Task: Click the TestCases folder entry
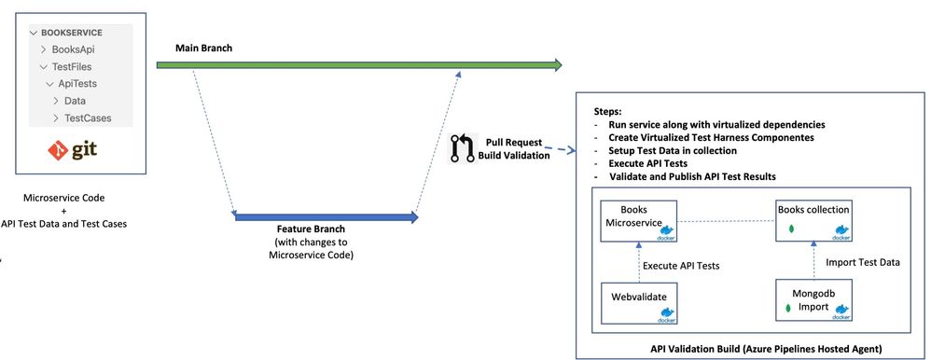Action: click(91, 118)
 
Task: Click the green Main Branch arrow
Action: click(359, 65)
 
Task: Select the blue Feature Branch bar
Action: click(327, 218)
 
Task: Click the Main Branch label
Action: click(203, 47)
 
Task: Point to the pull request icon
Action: click(463, 149)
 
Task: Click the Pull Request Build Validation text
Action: click(516, 149)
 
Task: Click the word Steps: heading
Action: click(600, 110)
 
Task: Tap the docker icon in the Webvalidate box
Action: click(667, 318)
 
